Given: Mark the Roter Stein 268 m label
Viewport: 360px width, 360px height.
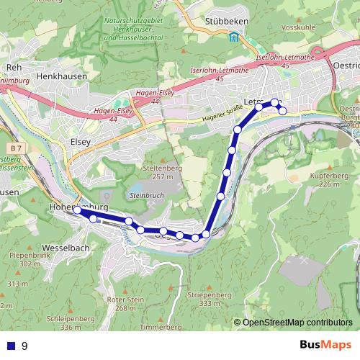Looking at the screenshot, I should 121,303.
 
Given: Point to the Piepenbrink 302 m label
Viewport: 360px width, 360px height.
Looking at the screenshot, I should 30,259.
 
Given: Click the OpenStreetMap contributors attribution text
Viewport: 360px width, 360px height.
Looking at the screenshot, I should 297,323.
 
